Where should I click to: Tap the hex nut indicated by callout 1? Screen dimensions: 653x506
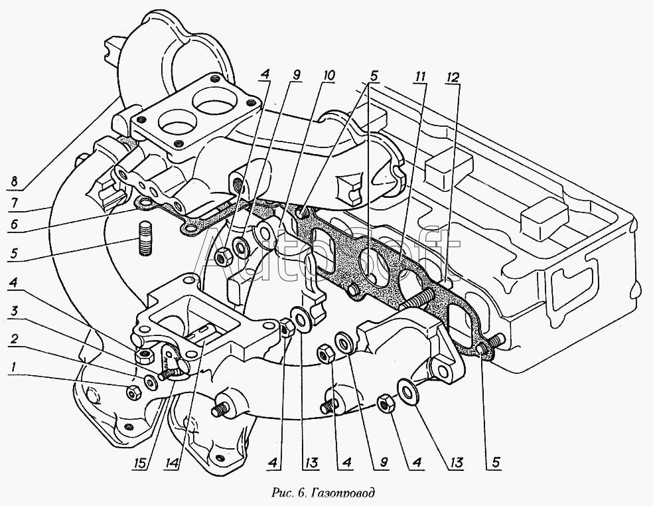pyautogui.click(x=133, y=393)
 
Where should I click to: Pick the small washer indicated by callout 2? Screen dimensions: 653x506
pyautogui.click(x=151, y=382)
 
